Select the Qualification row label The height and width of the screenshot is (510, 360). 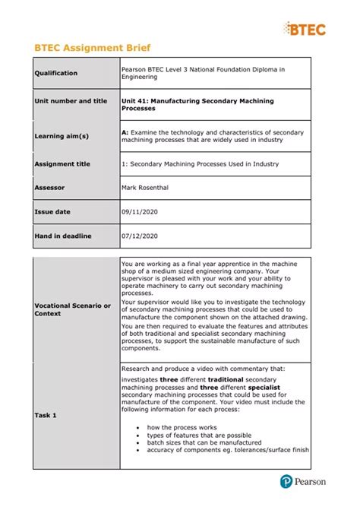point(56,73)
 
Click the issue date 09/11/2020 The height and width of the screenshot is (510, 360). point(139,211)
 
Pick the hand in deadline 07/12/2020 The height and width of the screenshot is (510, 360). point(139,236)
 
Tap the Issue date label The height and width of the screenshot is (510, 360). point(52,211)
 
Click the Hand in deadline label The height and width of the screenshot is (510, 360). point(63,236)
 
